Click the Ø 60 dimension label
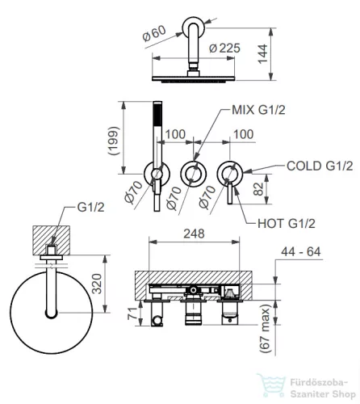(x=154, y=34)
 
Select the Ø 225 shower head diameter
(x=224, y=48)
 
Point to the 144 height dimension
(x=263, y=54)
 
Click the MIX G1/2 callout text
(x=258, y=110)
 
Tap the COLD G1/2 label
(x=320, y=166)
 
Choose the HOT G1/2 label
(x=287, y=224)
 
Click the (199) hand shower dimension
(x=113, y=141)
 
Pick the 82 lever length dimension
(x=258, y=189)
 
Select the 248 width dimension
(x=194, y=234)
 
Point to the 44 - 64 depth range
(x=301, y=252)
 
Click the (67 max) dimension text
(x=265, y=328)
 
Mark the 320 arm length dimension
(x=97, y=284)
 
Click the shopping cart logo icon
(x=271, y=385)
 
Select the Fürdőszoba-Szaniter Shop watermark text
(x=323, y=389)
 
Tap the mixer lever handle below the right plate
(x=230, y=193)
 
